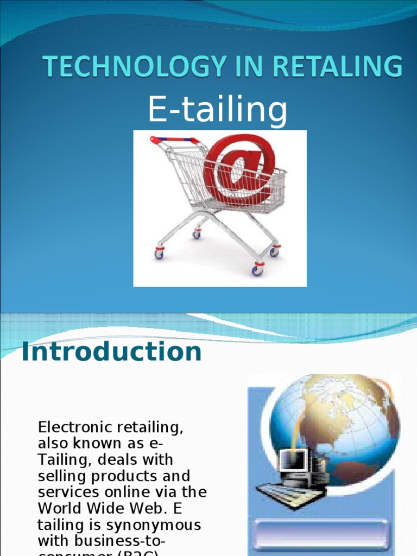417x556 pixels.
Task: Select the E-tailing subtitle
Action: (217, 110)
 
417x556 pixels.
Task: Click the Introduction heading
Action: (111, 352)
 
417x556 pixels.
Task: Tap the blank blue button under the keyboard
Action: (321, 534)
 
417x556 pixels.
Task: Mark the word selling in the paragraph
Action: (59, 476)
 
